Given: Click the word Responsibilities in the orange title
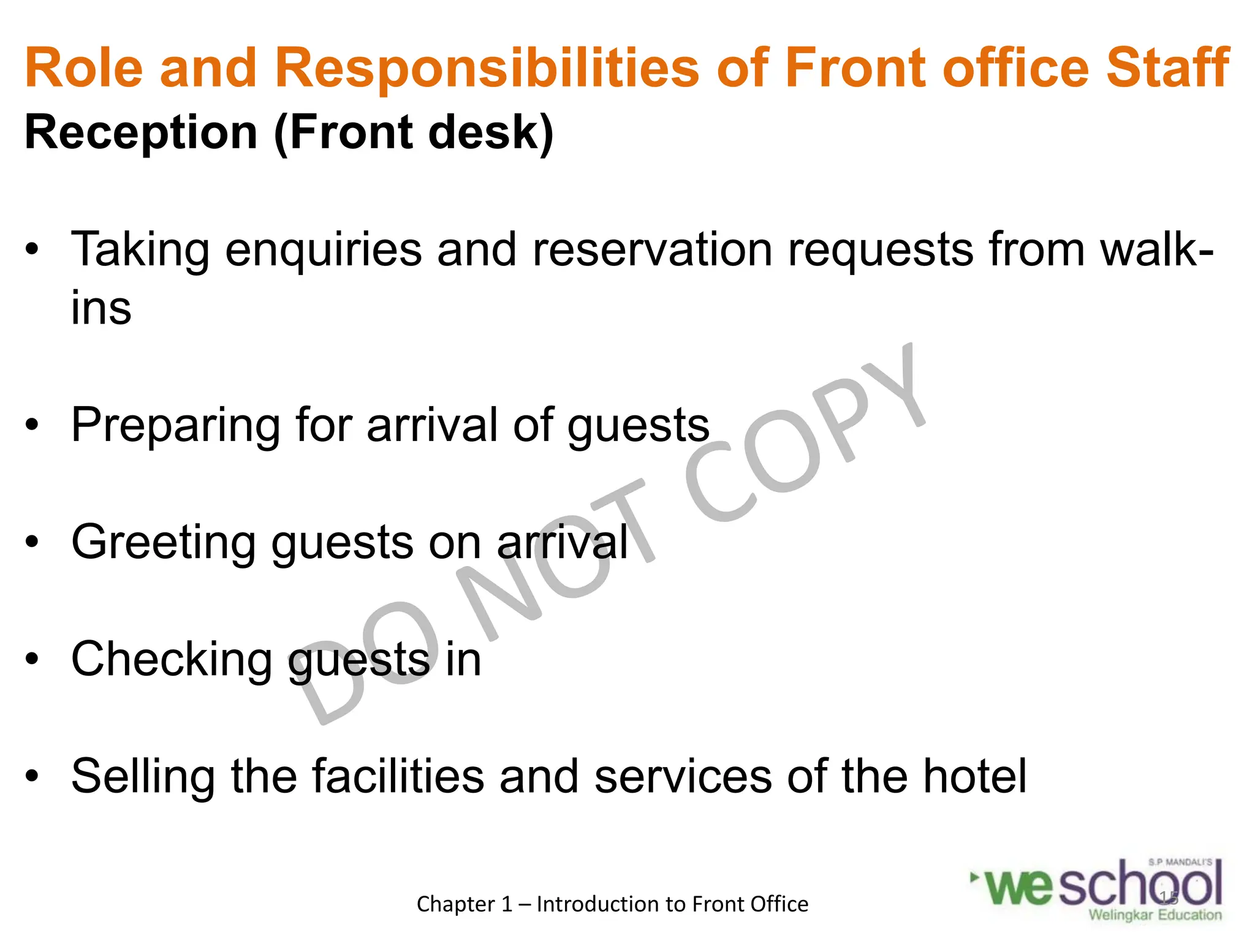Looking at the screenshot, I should coord(487,69).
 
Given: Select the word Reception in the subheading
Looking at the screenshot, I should coord(141,133).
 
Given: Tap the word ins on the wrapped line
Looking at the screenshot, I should coord(101,308).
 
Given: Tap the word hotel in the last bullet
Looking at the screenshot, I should coord(974,776).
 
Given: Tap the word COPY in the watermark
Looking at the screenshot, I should coord(803,435).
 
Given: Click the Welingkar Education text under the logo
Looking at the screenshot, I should coord(1155,915).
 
